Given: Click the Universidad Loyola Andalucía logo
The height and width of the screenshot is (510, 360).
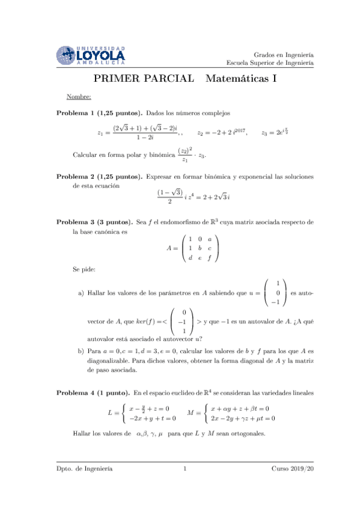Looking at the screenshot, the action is pyautogui.click(x=90, y=55).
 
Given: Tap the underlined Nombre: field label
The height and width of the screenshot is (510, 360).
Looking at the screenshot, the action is pyautogui.click(x=79, y=97).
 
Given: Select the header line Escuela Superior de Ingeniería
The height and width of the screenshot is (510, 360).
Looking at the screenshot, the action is pyautogui.click(x=270, y=63).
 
